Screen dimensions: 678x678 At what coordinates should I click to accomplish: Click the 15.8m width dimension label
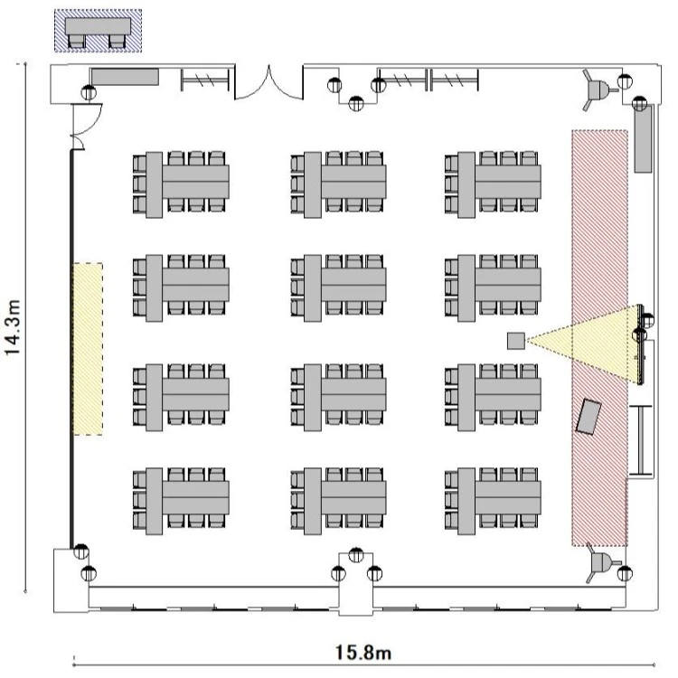(x=363, y=653)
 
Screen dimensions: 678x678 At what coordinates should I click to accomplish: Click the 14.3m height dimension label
(x=13, y=327)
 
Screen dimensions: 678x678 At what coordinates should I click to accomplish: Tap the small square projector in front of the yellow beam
(x=516, y=341)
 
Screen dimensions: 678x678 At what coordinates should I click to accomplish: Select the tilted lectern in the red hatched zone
(x=589, y=417)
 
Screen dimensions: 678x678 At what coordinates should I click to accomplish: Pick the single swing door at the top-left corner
(x=87, y=126)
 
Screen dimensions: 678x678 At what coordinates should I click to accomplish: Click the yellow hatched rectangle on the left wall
(x=88, y=349)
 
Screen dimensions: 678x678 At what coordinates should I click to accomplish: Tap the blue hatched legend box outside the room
(x=99, y=31)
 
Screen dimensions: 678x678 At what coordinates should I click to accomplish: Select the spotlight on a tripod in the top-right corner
(x=598, y=89)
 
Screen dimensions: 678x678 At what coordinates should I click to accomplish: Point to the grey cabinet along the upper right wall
(x=643, y=138)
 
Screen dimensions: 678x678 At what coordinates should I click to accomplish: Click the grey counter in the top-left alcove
(x=125, y=77)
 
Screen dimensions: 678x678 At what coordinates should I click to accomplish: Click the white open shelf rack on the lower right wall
(x=641, y=440)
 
